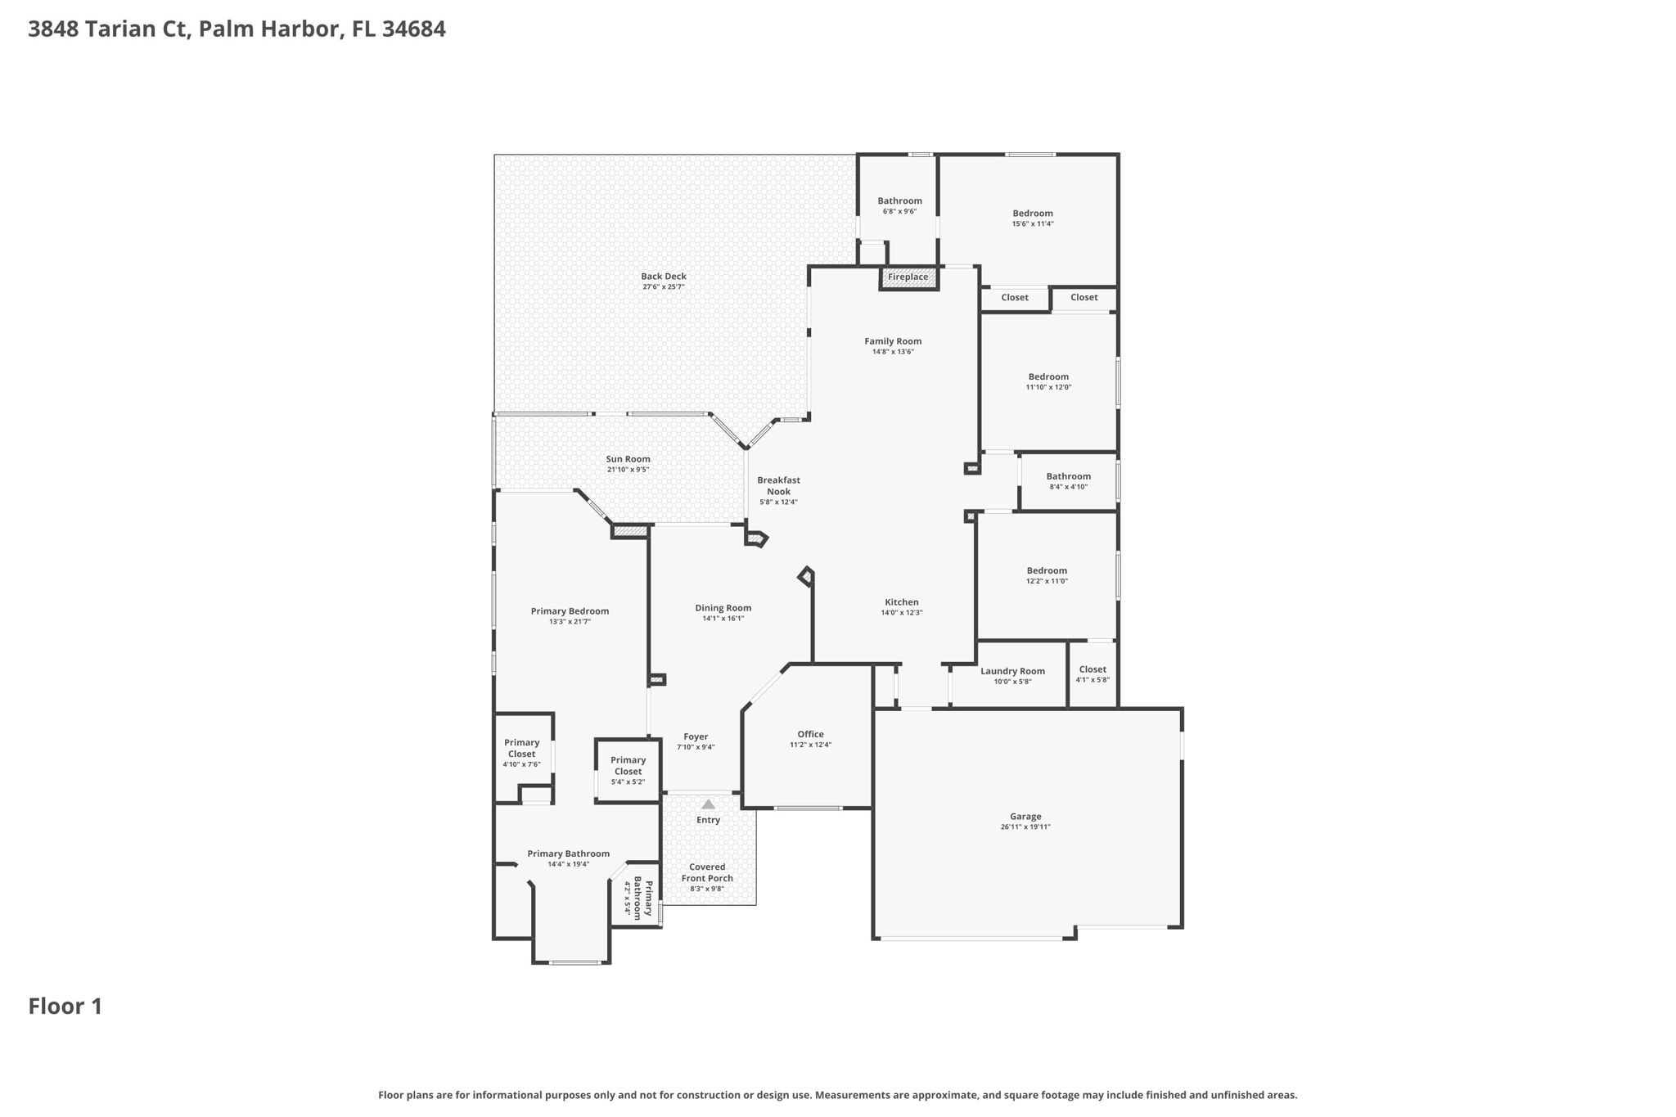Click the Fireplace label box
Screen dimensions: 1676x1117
(908, 277)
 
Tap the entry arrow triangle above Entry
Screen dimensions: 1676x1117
(708, 804)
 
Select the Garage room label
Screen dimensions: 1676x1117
(1025, 817)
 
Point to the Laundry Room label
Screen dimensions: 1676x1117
(1012, 672)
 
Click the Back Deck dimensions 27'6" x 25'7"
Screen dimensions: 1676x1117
(663, 287)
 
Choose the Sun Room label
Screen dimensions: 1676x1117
(628, 459)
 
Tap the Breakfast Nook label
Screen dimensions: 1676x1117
(778, 486)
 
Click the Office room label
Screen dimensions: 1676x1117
(810, 735)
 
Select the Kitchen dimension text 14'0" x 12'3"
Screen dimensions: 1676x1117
(902, 613)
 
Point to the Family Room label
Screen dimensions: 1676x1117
(893, 341)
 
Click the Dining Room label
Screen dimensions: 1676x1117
(723, 608)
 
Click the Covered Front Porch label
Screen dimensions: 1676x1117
(707, 873)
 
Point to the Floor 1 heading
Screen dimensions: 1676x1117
(65, 1007)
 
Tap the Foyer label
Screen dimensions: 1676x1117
(696, 737)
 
